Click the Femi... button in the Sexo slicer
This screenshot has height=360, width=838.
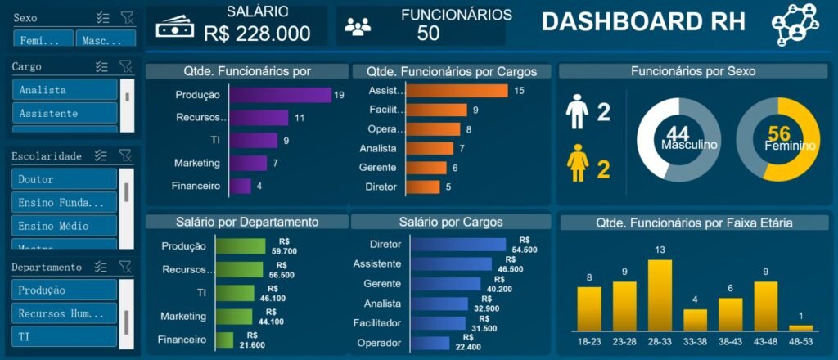point(43,40)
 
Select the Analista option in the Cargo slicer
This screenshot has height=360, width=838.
point(65,90)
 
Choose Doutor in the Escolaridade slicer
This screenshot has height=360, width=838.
point(65,179)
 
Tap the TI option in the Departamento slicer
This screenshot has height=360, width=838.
point(65,336)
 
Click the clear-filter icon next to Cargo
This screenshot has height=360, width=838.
point(125,66)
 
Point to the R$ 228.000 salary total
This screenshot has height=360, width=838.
point(257,34)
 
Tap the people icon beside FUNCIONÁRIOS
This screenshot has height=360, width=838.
point(358,27)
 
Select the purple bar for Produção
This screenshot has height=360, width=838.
point(280,95)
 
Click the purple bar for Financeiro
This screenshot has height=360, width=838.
point(240,186)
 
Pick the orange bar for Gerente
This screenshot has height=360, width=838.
point(426,168)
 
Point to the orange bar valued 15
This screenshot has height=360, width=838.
point(457,91)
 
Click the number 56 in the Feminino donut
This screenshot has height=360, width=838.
point(778,134)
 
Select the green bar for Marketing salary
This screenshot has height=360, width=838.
point(235,316)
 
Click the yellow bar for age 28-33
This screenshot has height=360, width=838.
point(660,295)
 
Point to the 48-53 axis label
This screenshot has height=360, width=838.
point(800,340)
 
